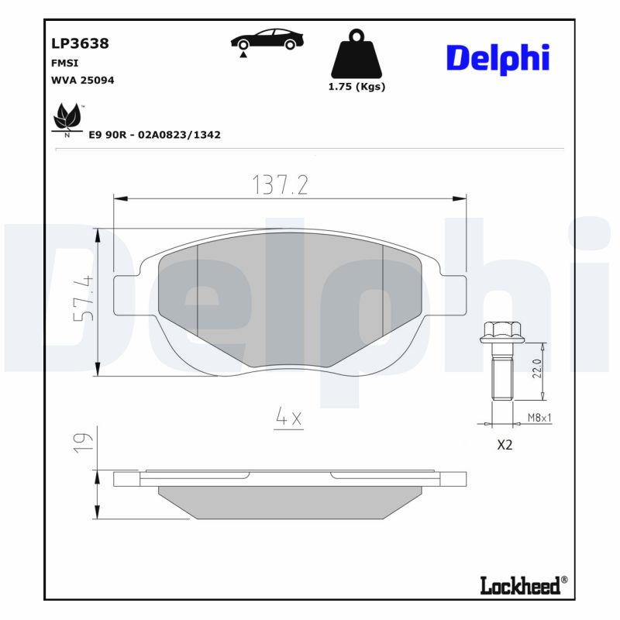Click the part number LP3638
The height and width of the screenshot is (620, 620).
[80, 43]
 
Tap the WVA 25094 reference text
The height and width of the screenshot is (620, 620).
[83, 80]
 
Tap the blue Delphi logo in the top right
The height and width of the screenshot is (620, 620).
[498, 59]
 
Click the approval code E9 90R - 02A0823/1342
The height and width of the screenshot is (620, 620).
[154, 135]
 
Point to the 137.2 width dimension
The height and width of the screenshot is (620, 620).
[281, 184]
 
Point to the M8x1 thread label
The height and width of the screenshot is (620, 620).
[539, 417]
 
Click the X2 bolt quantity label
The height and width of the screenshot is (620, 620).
[504, 446]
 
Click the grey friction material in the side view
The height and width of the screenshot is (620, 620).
[291, 501]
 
